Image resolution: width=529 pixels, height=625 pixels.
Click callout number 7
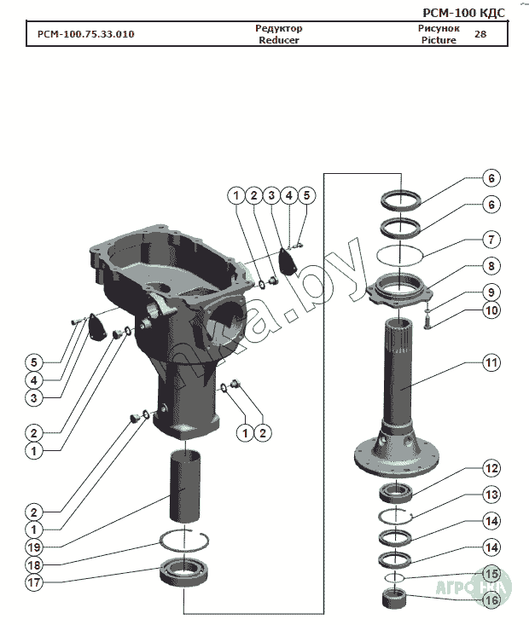(x=491, y=239)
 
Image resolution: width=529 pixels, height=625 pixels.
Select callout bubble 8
(x=491, y=265)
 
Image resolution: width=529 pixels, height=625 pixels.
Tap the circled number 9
(x=491, y=291)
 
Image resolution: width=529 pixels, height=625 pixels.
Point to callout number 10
(x=491, y=310)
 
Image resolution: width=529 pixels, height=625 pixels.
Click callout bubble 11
(x=491, y=362)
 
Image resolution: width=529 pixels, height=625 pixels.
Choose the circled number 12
(x=491, y=468)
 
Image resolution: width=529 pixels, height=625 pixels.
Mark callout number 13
(x=491, y=494)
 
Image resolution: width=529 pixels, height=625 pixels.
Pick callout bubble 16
(x=491, y=599)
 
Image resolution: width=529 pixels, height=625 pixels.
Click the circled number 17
(x=33, y=584)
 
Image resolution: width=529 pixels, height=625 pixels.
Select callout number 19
(x=33, y=547)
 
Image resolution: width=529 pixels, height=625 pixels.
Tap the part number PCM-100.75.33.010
(x=85, y=35)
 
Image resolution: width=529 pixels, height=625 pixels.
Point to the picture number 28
(x=480, y=35)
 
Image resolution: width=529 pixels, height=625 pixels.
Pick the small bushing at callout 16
(x=395, y=594)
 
